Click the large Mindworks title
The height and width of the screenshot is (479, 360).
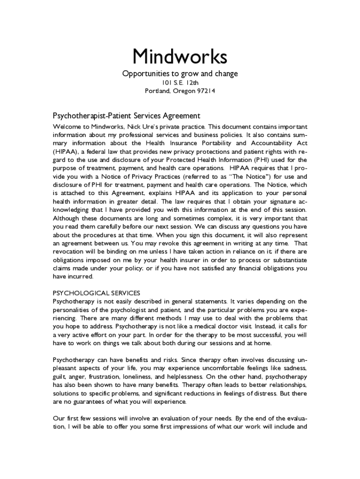coord(180,57)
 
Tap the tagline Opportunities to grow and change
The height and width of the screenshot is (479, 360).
coord(180,74)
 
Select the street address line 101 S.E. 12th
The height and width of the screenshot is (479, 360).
coord(180,83)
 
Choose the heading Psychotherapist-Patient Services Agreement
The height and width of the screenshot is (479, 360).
coord(126,116)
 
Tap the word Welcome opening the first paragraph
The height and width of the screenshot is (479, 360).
coord(67,127)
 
